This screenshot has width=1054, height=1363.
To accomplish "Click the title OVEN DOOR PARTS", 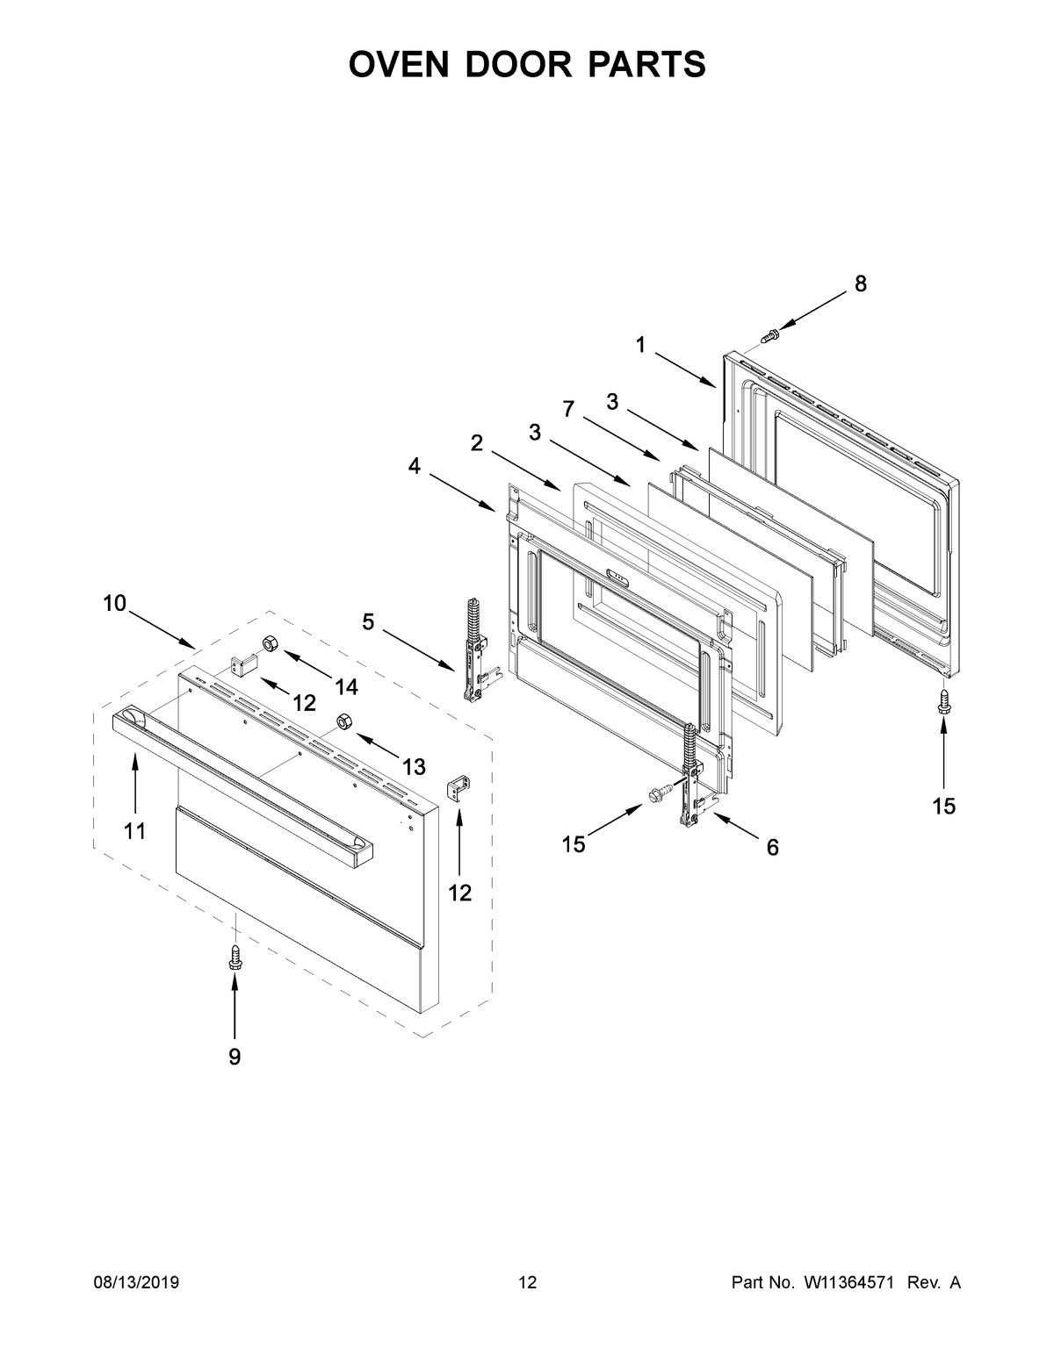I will (527, 65).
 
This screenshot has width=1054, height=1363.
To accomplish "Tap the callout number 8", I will (860, 283).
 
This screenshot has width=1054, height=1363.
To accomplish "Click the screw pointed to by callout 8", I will (770, 335).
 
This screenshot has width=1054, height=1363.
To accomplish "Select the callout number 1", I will (641, 346).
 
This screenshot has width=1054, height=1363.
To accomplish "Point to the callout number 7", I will (568, 408).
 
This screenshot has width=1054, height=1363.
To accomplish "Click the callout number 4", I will (414, 467).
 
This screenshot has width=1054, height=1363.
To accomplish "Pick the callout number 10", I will (114, 603).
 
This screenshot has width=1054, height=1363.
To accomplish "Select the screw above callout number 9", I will (235, 956).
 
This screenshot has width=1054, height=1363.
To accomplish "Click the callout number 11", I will (134, 830).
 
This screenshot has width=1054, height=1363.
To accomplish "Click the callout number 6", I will (772, 848).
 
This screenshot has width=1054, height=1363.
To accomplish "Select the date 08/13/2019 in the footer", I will (136, 1283).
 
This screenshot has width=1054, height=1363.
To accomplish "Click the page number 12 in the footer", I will (527, 1283).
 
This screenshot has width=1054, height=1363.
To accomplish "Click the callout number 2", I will (477, 444).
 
